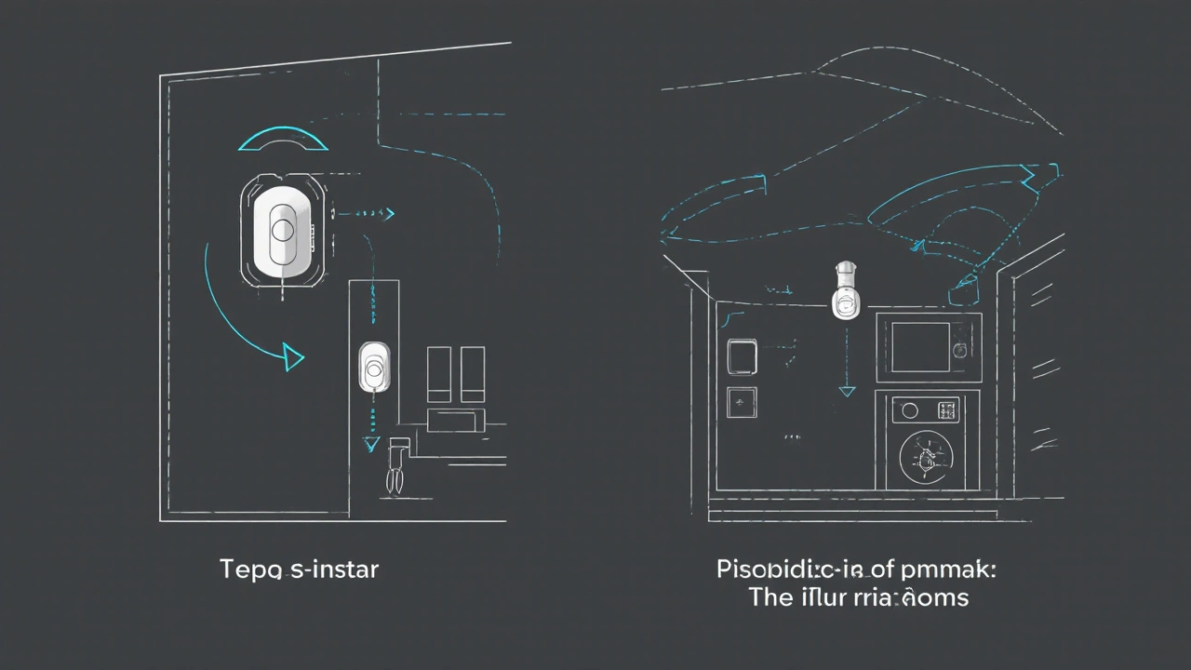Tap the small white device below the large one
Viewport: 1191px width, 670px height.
pos(374,367)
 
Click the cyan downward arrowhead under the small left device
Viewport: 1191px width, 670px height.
pos(372,444)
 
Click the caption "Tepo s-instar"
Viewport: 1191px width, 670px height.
pos(299,569)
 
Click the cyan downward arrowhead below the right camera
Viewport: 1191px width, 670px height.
pos(846,392)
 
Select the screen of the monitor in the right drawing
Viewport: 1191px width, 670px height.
pos(920,346)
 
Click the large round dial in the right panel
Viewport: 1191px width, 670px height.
pos(926,458)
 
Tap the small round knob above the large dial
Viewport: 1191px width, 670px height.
pos(910,410)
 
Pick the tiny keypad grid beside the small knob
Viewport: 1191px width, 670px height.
pos(947,409)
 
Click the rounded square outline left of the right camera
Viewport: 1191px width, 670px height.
pos(742,356)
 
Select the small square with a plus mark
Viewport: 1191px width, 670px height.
pos(742,402)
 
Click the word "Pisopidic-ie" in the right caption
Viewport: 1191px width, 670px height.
pos(788,569)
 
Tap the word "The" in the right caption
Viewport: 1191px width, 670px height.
pos(770,596)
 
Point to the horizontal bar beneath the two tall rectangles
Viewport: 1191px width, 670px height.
pos(455,418)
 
